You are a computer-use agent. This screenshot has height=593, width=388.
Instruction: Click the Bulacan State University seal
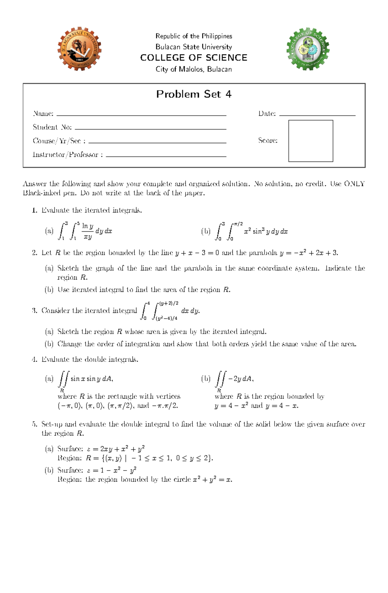(80, 49)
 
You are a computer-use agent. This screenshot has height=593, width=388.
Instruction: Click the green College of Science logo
(308, 49)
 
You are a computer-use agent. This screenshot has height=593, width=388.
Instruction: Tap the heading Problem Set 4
(194, 94)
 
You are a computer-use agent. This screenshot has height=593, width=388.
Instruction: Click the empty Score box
(310, 141)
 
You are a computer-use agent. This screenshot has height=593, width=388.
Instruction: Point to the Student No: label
(52, 127)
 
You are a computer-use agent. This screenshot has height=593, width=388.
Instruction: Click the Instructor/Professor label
(68, 154)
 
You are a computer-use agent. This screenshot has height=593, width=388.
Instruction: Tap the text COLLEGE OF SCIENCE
(194, 58)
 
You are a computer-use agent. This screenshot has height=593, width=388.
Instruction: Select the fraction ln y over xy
(87, 231)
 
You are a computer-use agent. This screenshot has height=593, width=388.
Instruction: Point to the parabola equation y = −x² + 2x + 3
(309, 253)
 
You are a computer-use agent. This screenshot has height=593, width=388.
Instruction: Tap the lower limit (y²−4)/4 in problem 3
(167, 318)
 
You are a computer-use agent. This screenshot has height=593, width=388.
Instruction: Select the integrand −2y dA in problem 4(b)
(241, 378)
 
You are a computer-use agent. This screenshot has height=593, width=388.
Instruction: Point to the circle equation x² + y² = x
(212, 479)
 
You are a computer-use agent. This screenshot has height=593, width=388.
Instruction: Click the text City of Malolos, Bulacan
(194, 69)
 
